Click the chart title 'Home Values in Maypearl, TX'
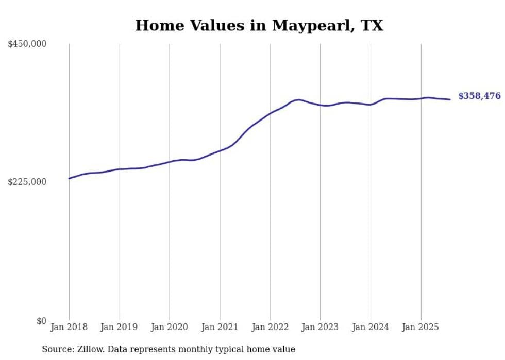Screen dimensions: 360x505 pyautogui.click(x=259, y=25)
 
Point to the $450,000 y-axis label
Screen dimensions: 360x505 pyautogui.click(x=27, y=44)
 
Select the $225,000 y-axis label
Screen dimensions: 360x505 pyautogui.click(x=27, y=182)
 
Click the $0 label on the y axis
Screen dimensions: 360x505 pyautogui.click(x=41, y=321)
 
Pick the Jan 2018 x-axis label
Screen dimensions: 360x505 pyautogui.click(x=69, y=327)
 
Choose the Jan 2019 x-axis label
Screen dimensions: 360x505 pyautogui.click(x=120, y=327)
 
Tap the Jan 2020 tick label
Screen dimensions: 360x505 pyautogui.click(x=170, y=327)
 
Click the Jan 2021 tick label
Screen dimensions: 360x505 pyautogui.click(x=220, y=327)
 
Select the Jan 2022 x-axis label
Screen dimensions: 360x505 pyautogui.click(x=270, y=327)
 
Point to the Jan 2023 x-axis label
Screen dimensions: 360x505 pyautogui.click(x=321, y=327)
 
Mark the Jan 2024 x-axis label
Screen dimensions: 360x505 pyautogui.click(x=371, y=327)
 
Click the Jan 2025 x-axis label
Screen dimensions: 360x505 pyautogui.click(x=420, y=327)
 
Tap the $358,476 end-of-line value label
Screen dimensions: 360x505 pyautogui.click(x=479, y=96)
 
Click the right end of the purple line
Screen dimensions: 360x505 pyautogui.click(x=450, y=99)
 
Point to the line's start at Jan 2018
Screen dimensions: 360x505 pyautogui.click(x=69, y=178)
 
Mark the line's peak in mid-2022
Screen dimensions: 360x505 pyautogui.click(x=299, y=99)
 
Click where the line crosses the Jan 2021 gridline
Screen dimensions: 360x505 pyautogui.click(x=220, y=150)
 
